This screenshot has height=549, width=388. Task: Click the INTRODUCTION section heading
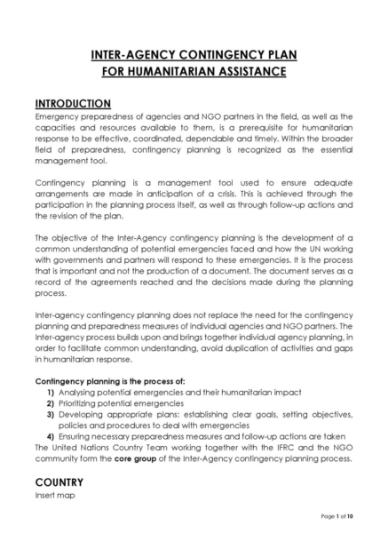(x=73, y=104)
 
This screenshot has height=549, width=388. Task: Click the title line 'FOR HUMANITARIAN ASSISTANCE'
(x=194, y=70)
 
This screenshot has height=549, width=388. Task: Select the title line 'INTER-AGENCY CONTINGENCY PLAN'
(x=194, y=54)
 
